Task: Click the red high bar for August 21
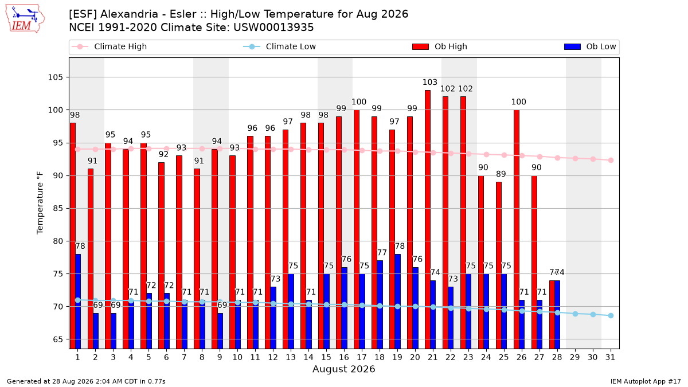coord(428,219)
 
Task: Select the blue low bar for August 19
coord(397,302)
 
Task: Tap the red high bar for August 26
coord(517,229)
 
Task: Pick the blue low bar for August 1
coord(78,302)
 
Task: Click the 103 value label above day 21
coord(429,83)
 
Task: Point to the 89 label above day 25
coord(501,174)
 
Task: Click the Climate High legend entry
coord(110,46)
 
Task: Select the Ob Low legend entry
coord(590,46)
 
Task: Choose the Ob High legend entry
coord(440,46)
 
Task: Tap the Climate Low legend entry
coord(280,46)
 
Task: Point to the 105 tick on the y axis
coord(55,77)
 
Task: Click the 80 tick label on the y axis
coord(58,241)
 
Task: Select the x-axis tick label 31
coord(610,357)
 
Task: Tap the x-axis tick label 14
coord(308,357)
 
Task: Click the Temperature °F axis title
coord(40,203)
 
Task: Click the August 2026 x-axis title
coord(343,369)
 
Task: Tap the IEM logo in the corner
coord(25,19)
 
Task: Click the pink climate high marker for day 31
coord(611,161)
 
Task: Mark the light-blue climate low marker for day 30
coord(593,315)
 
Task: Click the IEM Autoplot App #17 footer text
coord(646,381)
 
